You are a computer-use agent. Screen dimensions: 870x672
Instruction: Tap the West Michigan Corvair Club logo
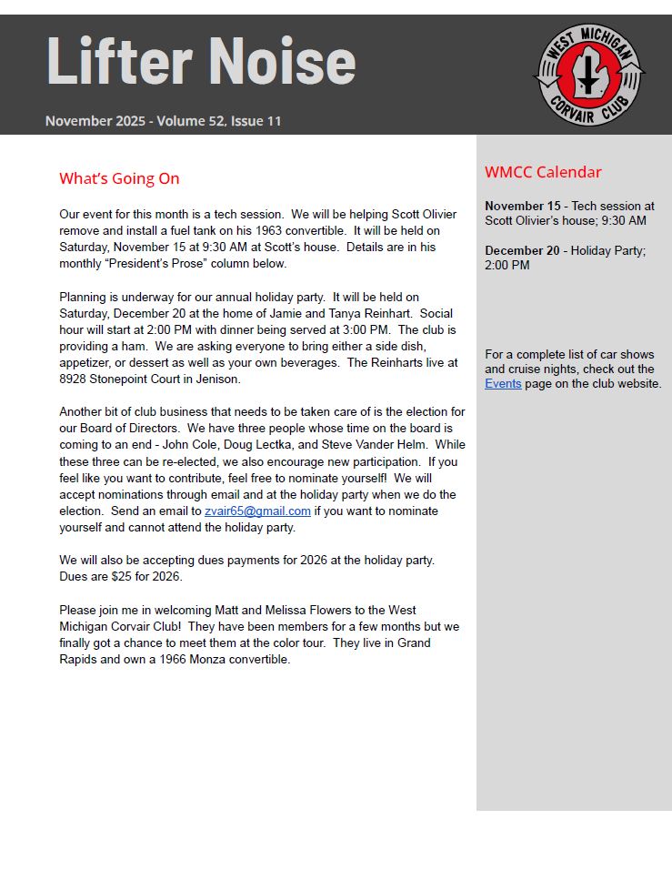(588, 74)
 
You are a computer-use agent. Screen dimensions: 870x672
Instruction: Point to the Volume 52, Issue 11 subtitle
(219, 121)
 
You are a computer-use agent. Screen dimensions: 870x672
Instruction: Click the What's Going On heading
(119, 178)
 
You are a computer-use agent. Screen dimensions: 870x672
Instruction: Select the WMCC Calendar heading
(543, 172)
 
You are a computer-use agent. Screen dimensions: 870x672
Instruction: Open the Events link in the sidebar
(503, 384)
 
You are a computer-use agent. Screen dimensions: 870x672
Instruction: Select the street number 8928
(75, 379)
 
